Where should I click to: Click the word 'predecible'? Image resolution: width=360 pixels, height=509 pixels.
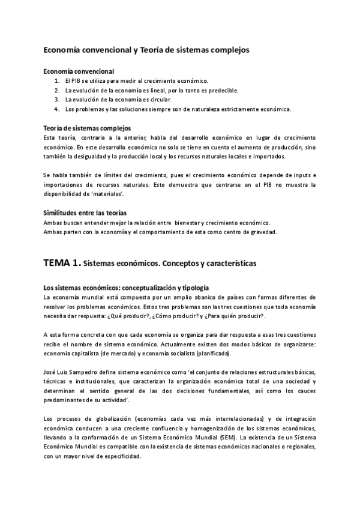click(221, 91)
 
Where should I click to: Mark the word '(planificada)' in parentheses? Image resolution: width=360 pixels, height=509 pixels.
click(210, 354)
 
